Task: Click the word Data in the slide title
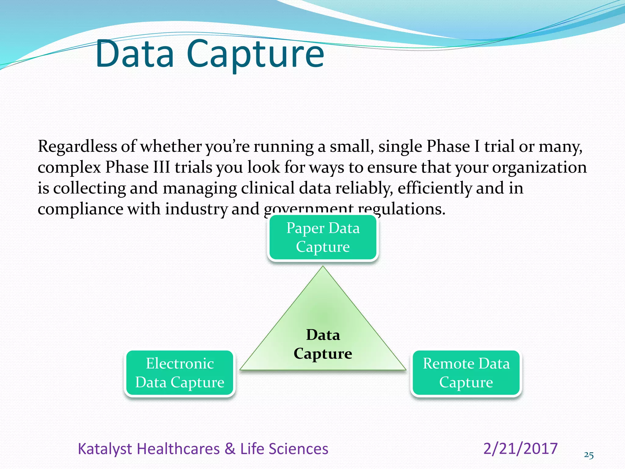pos(135,54)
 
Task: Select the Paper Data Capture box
pos(323,237)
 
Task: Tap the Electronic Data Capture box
pos(180,373)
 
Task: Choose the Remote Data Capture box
pos(466,373)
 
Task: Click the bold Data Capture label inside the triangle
pos(323,344)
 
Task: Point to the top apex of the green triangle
pos(323,267)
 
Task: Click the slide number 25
pos(589,455)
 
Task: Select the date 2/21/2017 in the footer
pos(520,449)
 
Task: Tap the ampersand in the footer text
pos(230,449)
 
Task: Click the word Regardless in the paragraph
pos(77,147)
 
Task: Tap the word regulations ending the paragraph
pos(401,209)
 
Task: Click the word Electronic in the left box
pos(180,363)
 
